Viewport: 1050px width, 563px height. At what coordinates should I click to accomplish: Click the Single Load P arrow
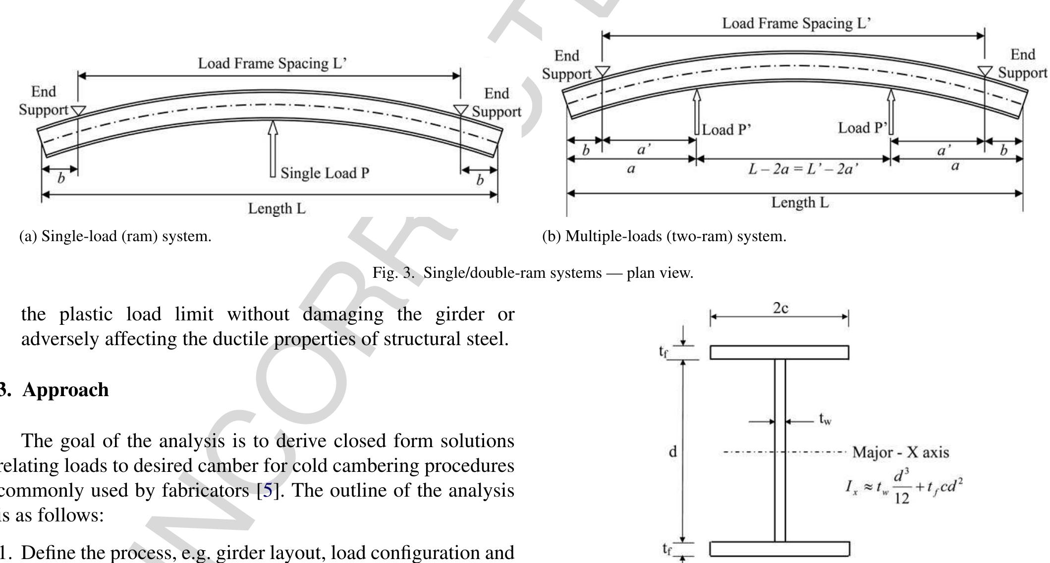272,149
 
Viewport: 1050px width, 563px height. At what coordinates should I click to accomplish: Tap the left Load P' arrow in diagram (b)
696,112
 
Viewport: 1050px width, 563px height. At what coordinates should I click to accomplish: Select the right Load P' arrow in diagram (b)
891,112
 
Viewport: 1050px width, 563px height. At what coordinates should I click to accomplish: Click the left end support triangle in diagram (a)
77,110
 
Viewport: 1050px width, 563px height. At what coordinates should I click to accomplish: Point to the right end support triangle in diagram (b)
985,71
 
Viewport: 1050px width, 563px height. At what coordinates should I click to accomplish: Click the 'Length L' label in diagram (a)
277,209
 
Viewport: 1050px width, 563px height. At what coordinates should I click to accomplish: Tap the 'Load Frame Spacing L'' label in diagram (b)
796,24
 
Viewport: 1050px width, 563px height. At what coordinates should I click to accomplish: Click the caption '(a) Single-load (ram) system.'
115,236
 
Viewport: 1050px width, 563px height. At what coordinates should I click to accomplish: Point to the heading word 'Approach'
65,390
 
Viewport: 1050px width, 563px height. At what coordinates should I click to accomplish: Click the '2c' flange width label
781,308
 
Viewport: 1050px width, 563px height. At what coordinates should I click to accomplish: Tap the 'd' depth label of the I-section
673,452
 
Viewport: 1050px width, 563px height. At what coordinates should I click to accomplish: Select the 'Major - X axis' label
900,453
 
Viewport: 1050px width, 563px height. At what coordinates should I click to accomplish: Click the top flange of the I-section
779,352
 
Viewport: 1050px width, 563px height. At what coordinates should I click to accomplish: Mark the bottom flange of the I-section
779,549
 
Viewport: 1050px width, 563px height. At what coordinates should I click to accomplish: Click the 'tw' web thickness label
825,421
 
